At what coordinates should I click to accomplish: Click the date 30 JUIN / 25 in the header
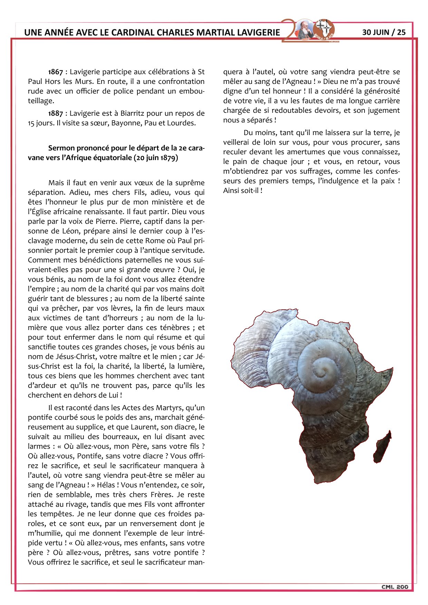click(x=383, y=32)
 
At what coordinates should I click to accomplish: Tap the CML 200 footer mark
click(x=395, y=587)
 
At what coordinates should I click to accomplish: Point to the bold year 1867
click(x=56, y=72)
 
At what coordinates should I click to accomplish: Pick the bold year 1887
click(x=56, y=113)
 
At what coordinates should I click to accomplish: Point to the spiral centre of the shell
click(x=323, y=371)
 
